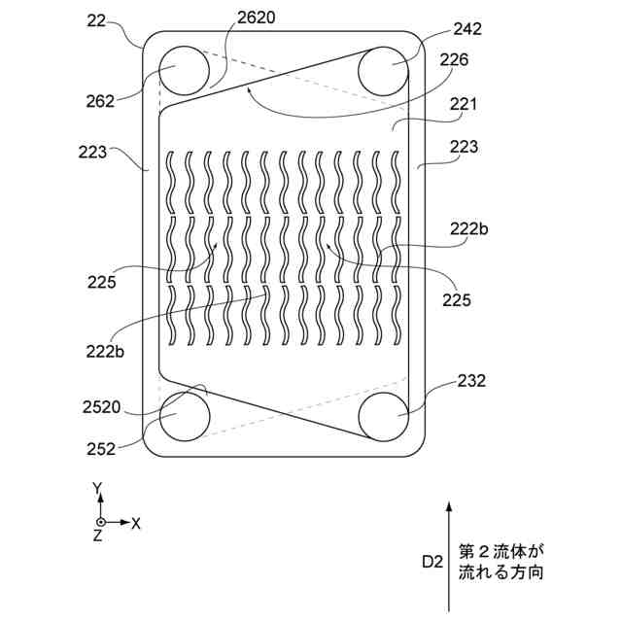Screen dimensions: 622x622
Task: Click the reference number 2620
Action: [256, 17]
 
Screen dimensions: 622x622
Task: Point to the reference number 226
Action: [454, 59]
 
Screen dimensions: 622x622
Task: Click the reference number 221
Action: [463, 104]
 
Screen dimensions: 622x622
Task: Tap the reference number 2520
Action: [101, 407]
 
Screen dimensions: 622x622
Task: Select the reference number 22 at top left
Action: [97, 20]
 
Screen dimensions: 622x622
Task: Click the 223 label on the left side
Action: [92, 152]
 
